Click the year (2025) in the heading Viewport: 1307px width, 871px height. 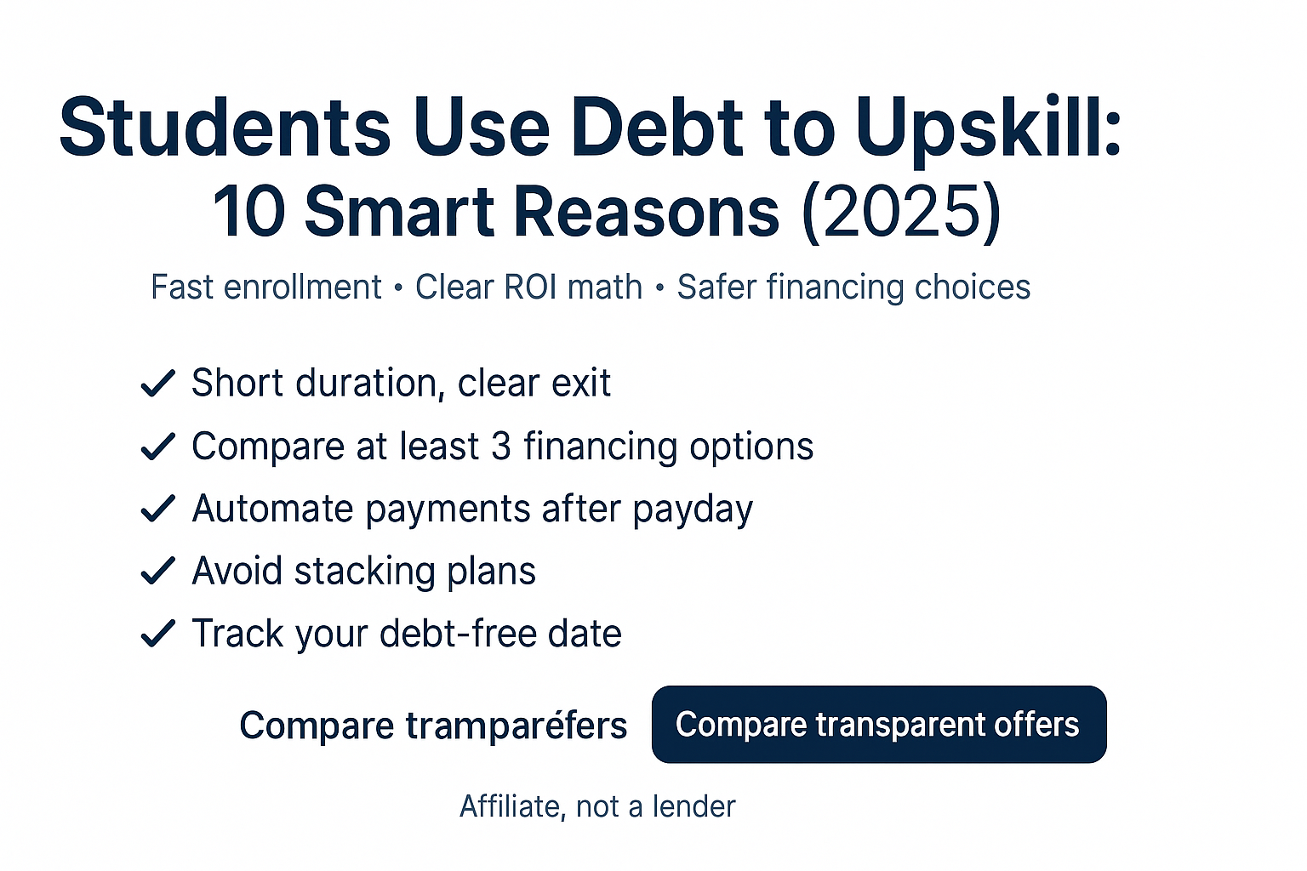(x=901, y=213)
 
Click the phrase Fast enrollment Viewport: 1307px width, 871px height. (x=266, y=287)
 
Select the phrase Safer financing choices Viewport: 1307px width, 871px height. (x=853, y=287)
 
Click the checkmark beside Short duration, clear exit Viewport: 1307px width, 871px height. (x=157, y=384)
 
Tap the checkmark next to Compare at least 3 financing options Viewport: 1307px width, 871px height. (x=157, y=447)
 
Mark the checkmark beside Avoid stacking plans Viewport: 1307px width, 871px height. (x=157, y=571)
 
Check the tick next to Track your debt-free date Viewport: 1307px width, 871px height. (x=157, y=634)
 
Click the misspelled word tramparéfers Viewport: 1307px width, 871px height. (x=517, y=726)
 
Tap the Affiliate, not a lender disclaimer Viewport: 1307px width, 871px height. (x=597, y=806)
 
